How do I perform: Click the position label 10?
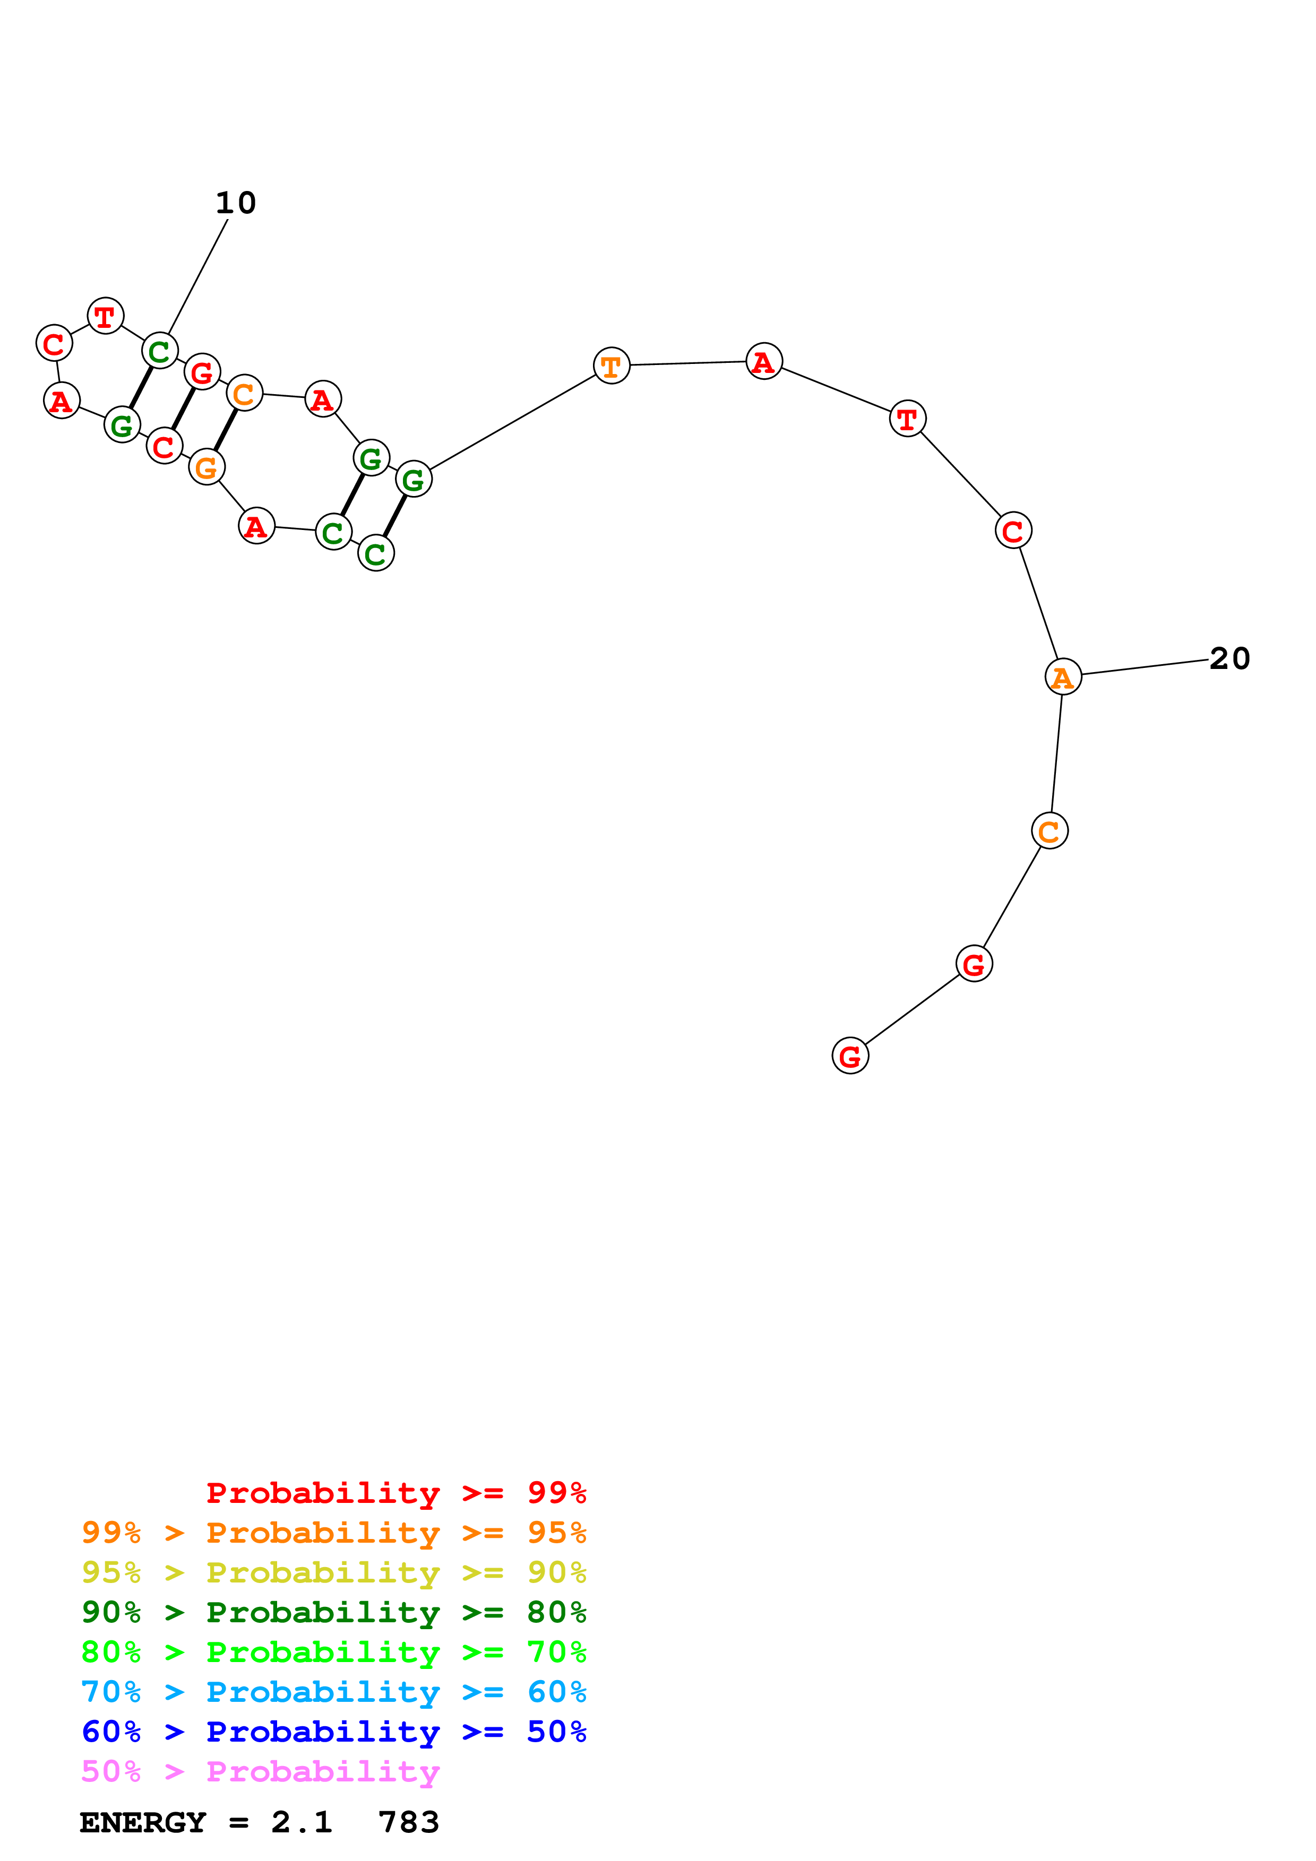click(x=235, y=203)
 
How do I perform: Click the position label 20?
click(x=1229, y=658)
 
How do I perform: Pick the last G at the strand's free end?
click(x=850, y=1055)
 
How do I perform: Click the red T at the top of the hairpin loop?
click(x=106, y=316)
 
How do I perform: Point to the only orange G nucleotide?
click(x=207, y=467)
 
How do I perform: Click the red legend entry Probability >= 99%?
click(x=395, y=1492)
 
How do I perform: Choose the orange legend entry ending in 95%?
click(x=334, y=1532)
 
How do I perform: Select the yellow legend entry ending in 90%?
click(x=334, y=1572)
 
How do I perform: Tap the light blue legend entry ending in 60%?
click(x=334, y=1692)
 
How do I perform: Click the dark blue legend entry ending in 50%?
click(x=334, y=1732)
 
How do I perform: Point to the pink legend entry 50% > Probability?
click(x=260, y=1771)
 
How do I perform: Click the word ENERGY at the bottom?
click(x=143, y=1822)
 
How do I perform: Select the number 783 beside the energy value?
click(x=409, y=1822)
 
